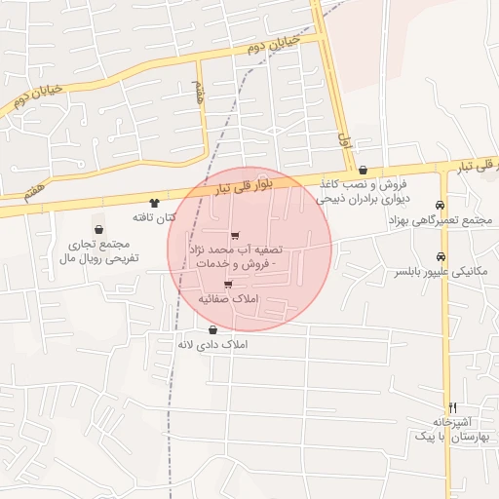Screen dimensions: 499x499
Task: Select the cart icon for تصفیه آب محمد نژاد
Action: [235, 235]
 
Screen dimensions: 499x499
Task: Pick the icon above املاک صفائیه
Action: [228, 285]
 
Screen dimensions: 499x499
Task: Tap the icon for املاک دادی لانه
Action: [212, 330]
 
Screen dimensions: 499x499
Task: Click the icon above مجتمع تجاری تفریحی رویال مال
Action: [96, 228]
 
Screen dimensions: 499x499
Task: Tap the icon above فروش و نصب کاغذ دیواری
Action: [363, 170]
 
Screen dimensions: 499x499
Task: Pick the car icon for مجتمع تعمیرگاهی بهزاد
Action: [441, 205]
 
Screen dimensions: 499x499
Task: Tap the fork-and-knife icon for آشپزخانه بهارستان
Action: [452, 407]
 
